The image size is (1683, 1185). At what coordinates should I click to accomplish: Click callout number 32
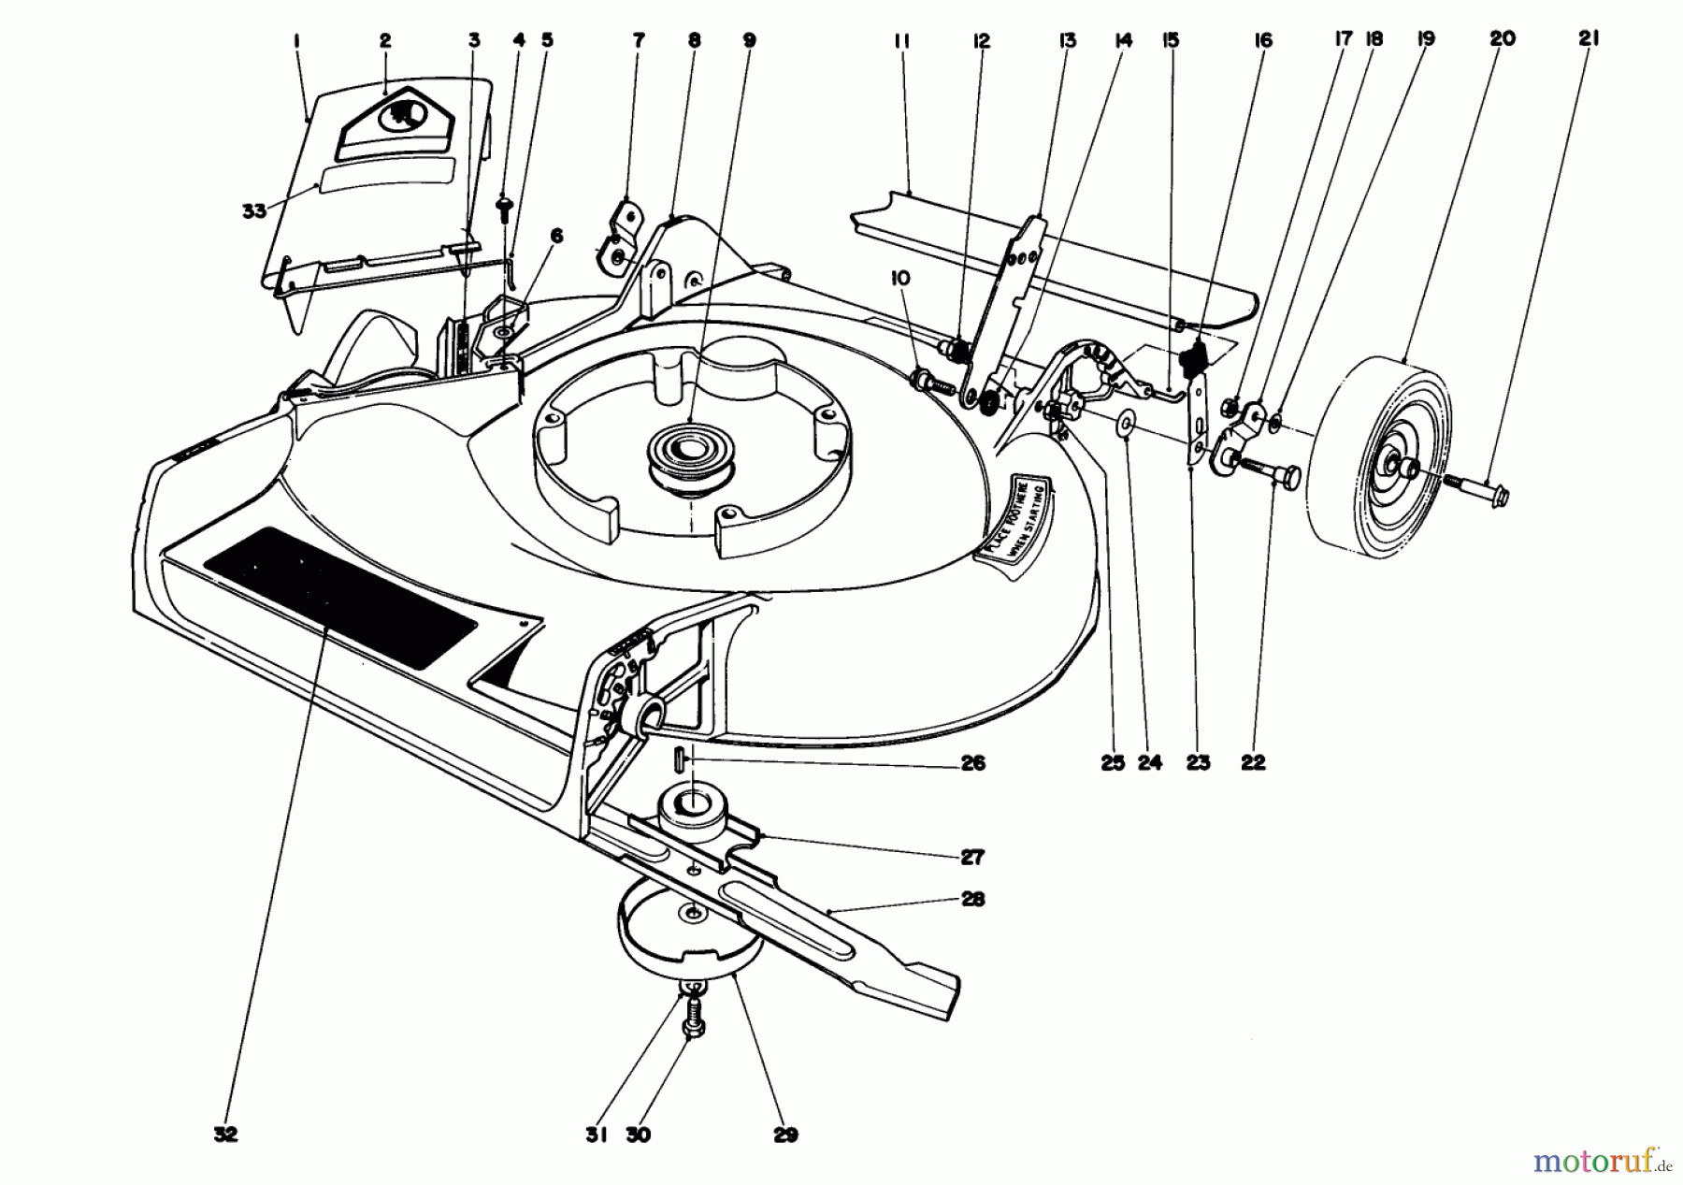225,1134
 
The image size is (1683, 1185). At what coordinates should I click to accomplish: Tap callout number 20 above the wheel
1503,38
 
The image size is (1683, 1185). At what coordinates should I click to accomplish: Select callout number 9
750,40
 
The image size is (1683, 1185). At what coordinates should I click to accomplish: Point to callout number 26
972,763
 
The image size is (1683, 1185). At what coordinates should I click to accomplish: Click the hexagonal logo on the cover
396,116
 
